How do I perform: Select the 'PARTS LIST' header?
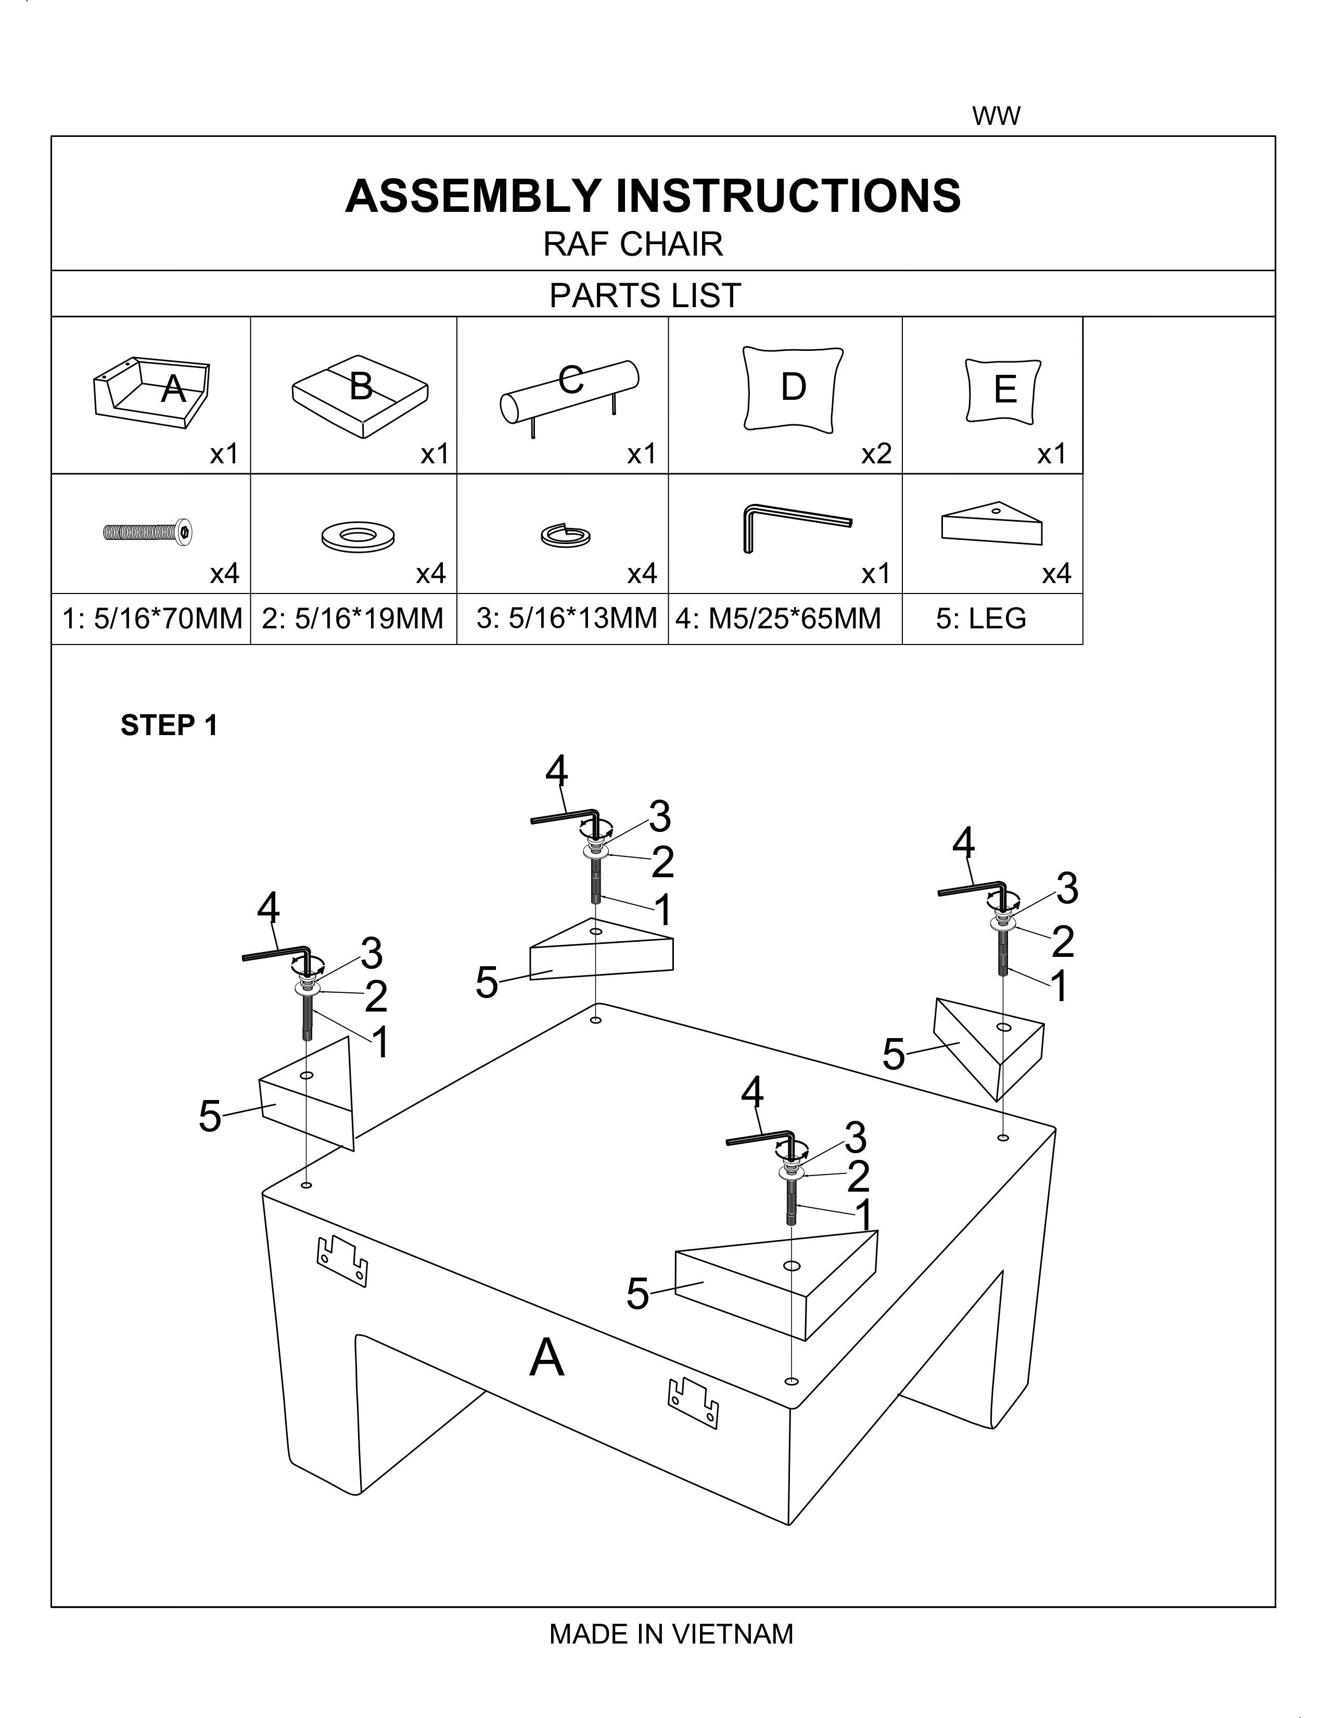click(x=645, y=296)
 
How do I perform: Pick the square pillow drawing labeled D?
click(x=793, y=388)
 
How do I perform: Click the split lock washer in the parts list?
click(x=566, y=536)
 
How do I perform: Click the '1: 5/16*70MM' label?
click(x=152, y=618)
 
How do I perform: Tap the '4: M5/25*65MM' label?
click(x=779, y=618)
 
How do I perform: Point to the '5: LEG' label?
click(x=981, y=618)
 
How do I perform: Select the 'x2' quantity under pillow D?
click(x=876, y=454)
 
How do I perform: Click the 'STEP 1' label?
click(x=169, y=725)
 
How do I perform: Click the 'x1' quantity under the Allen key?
click(x=876, y=574)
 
